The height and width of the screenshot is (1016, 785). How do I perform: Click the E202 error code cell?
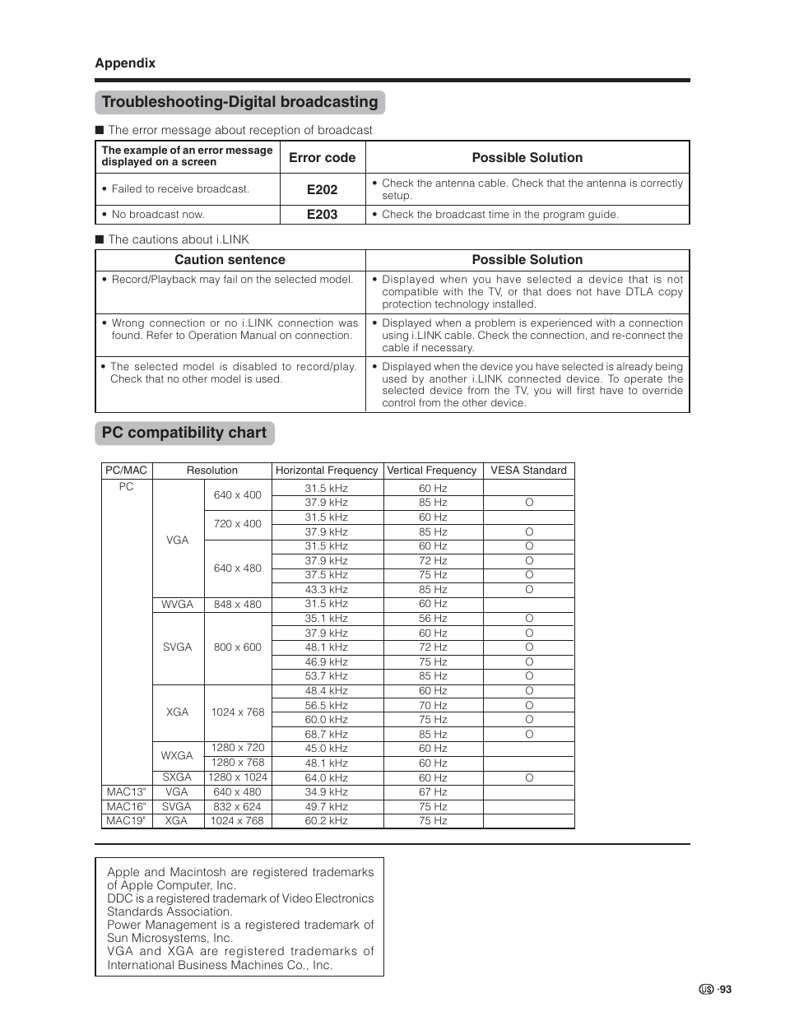click(323, 189)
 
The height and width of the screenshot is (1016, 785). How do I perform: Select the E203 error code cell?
click(323, 214)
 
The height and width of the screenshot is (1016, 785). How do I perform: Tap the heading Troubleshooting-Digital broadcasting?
click(240, 102)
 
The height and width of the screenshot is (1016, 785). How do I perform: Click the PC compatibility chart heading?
click(184, 433)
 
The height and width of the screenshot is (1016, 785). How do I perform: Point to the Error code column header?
click(323, 157)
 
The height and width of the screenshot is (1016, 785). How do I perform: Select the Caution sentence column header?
click(230, 260)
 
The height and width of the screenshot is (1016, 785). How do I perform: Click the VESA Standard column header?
click(528, 471)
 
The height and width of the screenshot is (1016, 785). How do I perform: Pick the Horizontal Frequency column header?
click(327, 471)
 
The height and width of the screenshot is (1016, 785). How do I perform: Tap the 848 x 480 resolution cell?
click(238, 604)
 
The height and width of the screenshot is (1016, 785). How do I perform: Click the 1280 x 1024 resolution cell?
click(238, 777)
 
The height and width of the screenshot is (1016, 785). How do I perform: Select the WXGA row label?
click(177, 755)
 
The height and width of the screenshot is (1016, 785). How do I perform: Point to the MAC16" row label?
click(126, 806)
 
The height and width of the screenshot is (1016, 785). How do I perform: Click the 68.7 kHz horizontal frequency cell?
click(327, 734)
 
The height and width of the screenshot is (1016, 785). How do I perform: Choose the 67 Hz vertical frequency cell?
click(433, 792)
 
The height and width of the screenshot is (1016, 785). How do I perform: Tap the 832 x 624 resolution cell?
click(238, 806)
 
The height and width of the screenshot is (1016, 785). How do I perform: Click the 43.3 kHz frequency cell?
click(327, 589)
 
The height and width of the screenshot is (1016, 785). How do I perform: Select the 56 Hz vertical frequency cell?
click(433, 618)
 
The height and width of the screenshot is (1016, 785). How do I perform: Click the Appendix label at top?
click(125, 63)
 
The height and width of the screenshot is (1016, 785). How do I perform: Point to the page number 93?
click(724, 990)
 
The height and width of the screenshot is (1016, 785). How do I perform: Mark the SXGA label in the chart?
click(177, 777)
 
